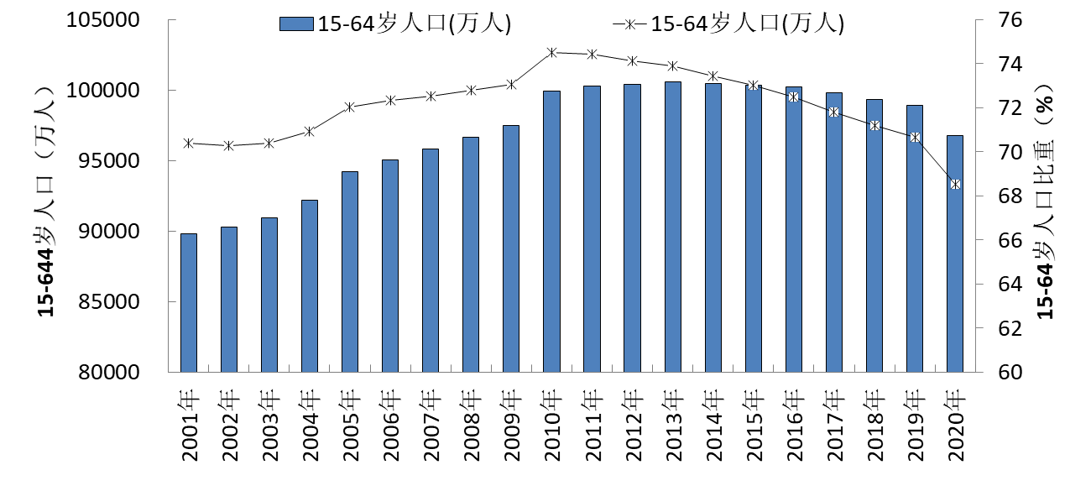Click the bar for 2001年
(189, 302)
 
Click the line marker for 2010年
(551, 53)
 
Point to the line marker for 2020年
(955, 184)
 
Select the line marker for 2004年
(310, 131)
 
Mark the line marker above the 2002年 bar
(229, 145)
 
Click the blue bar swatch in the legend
(296, 24)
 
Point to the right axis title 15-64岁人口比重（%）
(1046, 201)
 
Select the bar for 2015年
(753, 227)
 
